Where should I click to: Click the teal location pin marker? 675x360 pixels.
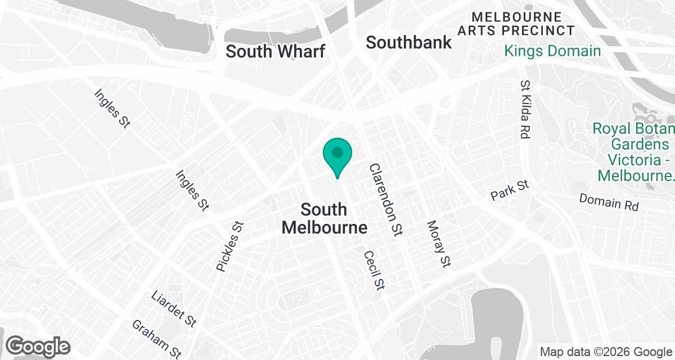(x=337, y=155)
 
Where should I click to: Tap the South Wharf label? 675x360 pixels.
(x=275, y=52)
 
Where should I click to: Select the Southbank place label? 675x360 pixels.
(x=409, y=42)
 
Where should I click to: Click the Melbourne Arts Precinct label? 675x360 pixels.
(x=516, y=24)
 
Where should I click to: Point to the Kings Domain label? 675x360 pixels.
(x=552, y=51)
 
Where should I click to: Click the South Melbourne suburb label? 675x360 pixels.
(x=324, y=218)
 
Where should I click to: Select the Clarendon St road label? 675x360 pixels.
(x=386, y=200)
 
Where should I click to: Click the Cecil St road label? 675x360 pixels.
(x=374, y=270)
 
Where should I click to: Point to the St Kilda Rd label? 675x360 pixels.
(x=526, y=110)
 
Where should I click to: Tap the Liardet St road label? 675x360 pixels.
(x=174, y=309)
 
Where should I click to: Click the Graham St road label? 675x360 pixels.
(x=156, y=339)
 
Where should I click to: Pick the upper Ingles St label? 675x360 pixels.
(x=112, y=109)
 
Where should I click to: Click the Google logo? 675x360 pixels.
(x=39, y=346)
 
